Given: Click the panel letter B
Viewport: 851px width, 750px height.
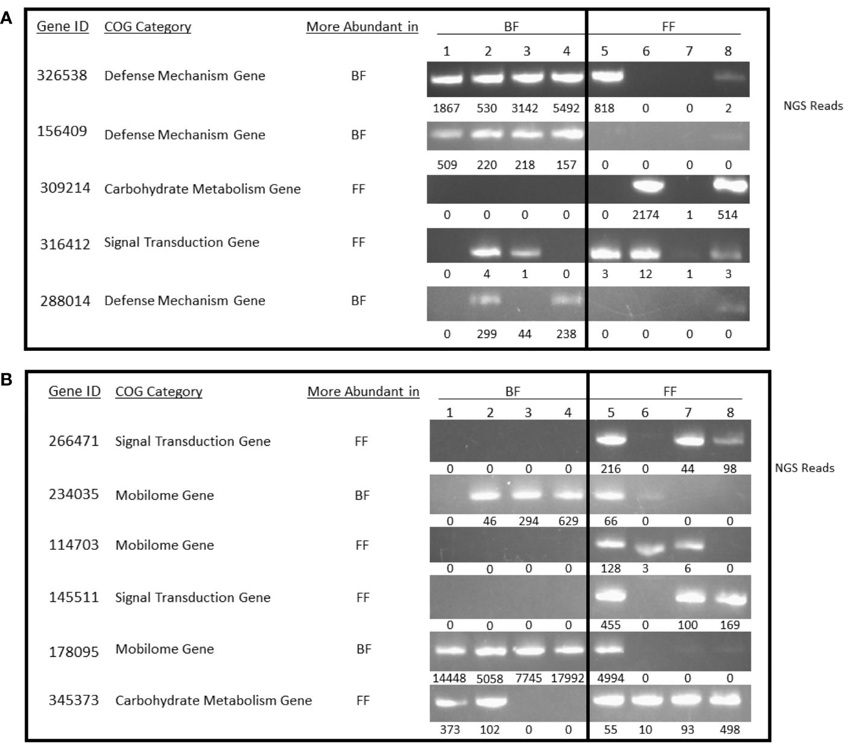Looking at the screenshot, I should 6,380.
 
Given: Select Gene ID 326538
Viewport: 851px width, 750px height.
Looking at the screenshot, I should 62,75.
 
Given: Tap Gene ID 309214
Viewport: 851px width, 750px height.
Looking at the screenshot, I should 65,188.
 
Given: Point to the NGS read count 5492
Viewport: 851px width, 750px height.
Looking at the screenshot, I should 566,109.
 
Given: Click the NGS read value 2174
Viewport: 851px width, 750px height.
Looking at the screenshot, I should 645,215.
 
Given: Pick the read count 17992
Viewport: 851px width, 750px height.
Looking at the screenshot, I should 568,678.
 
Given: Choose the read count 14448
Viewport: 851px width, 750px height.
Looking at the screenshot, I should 449,678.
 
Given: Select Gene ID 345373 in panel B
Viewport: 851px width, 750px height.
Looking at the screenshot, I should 74,701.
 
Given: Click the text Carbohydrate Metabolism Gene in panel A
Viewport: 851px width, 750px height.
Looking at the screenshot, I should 202,189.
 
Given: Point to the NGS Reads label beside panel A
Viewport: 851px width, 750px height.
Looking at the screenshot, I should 813,106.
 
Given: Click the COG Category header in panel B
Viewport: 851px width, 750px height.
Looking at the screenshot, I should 159,391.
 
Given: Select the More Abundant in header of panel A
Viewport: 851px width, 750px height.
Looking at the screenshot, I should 362,27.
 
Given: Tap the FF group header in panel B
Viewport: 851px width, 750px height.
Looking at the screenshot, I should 669,391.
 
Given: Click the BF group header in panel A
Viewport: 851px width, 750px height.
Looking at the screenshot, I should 511,27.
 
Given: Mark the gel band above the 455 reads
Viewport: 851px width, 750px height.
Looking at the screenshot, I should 611,597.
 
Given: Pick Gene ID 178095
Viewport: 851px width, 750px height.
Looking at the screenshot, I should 74,651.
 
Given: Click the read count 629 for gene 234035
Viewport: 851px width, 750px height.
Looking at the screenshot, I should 568,520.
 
